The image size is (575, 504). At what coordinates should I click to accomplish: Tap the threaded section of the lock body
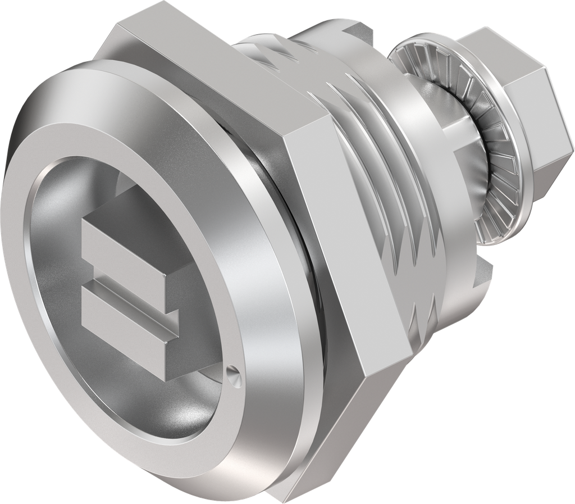382,185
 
